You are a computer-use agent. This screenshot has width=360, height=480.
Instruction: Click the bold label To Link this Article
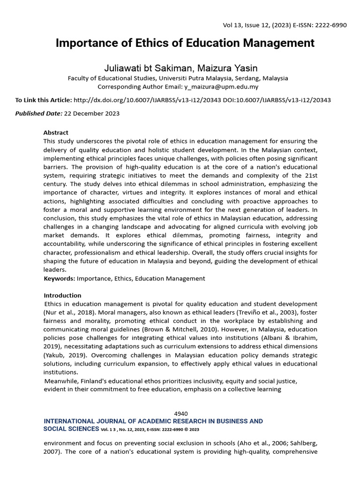[44, 100]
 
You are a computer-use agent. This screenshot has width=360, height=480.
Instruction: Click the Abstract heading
[56, 133]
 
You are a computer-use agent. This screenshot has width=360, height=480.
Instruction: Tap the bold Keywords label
[59, 278]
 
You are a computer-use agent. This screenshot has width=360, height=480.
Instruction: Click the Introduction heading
[62, 295]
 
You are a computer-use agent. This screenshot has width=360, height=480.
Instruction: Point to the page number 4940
[181, 413]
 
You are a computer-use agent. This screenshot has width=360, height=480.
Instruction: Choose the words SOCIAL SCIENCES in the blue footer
[70, 429]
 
